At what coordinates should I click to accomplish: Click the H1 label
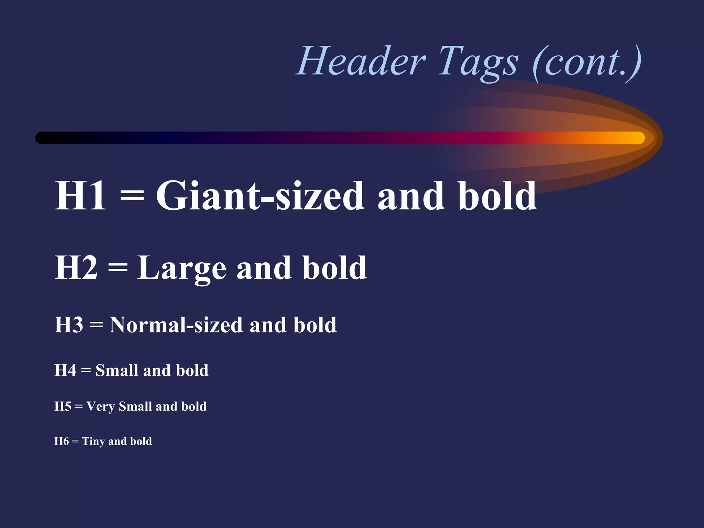pos(80,196)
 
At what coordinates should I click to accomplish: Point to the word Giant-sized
pos(260,196)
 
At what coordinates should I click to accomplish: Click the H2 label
pos(76,268)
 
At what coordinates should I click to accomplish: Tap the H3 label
pos(69,325)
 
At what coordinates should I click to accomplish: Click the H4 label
pos(65,371)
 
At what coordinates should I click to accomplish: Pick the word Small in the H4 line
pos(116,371)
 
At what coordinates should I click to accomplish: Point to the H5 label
pos(63,406)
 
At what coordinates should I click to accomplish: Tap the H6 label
pos(62,441)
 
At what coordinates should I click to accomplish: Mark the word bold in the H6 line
pos(141,441)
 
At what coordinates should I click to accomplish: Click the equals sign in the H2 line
pos(118,268)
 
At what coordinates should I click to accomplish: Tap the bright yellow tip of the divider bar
pos(638,138)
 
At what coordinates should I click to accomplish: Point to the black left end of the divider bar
pos(43,138)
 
